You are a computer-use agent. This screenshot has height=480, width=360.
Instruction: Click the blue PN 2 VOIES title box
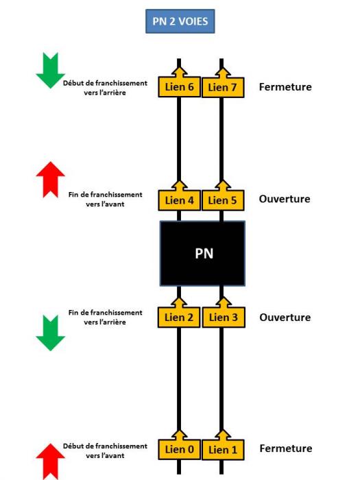[180, 21]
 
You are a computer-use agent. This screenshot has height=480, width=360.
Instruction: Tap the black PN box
[202, 254]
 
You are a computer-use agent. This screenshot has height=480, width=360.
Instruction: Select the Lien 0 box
[179, 449]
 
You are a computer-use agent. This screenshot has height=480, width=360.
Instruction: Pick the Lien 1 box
[223, 450]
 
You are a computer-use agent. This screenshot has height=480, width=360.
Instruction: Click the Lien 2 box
[179, 317]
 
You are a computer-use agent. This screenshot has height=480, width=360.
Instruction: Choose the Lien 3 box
[224, 317]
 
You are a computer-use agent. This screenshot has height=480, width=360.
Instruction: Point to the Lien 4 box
[179, 200]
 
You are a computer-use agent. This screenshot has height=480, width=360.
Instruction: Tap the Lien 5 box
[223, 200]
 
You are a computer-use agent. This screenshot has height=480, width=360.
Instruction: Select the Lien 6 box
[179, 87]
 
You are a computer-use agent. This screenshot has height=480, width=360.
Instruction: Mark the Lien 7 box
[223, 88]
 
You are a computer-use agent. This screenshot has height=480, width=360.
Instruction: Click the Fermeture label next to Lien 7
[285, 87]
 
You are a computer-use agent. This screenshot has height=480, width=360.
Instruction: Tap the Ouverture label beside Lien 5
[285, 199]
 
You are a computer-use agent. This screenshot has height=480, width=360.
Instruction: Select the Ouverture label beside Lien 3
[285, 317]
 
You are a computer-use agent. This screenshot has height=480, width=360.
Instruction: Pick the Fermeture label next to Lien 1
[286, 448]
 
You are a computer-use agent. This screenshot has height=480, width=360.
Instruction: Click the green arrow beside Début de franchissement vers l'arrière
[50, 71]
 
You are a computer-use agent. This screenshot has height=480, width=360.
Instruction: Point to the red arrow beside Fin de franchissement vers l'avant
[50, 180]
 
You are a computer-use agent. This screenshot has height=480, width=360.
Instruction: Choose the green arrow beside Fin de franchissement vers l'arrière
[50, 333]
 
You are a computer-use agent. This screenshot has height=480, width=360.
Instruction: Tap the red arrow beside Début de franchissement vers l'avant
[50, 461]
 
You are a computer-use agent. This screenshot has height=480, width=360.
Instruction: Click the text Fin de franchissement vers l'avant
[106, 200]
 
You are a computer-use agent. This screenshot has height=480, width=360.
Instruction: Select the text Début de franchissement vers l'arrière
[105, 88]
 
